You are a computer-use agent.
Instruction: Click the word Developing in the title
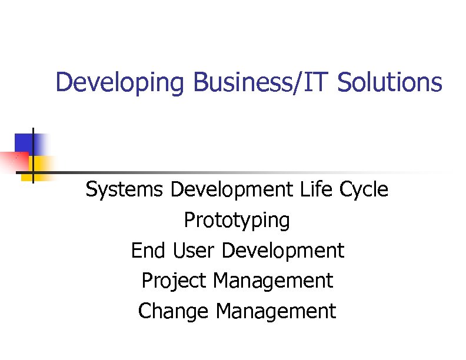point(119,83)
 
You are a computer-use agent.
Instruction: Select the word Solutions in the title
point(390,83)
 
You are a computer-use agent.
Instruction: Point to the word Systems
point(125,190)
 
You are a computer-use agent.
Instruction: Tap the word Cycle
point(364,190)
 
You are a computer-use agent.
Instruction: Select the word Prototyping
point(237,221)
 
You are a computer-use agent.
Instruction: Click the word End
point(149,251)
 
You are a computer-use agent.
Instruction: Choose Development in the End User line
point(283,251)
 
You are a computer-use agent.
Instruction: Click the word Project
point(174,281)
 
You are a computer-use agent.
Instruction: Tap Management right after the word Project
point(273,281)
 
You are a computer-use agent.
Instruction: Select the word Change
point(174,311)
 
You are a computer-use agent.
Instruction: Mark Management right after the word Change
point(276,311)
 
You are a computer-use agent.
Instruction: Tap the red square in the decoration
point(13,162)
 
